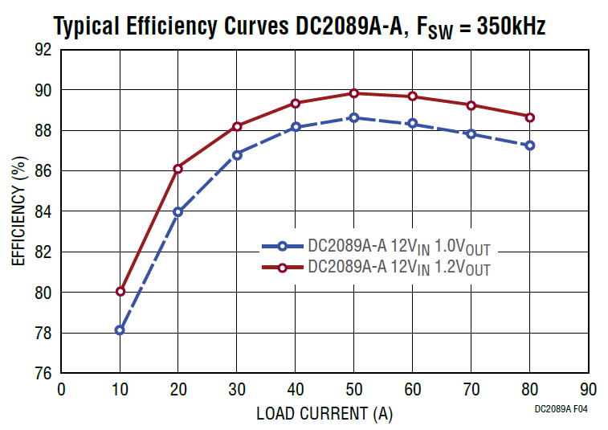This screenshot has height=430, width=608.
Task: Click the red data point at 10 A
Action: [120, 292]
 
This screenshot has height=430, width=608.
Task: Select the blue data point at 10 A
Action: [120, 330]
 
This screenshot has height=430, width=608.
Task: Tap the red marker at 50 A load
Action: [354, 93]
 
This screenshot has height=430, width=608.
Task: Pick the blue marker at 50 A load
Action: [354, 117]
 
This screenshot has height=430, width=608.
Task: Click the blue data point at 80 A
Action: [530, 145]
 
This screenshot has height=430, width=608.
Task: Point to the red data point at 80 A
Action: [530, 117]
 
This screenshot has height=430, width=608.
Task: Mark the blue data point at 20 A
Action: [178, 212]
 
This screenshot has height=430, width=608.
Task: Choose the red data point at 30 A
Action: [237, 126]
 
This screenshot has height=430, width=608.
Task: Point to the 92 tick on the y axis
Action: [43, 50]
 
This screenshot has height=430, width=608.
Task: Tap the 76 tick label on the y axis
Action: [43, 374]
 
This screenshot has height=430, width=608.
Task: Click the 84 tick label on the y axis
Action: [43, 211]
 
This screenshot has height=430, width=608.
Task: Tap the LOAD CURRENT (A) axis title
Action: [324, 415]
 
